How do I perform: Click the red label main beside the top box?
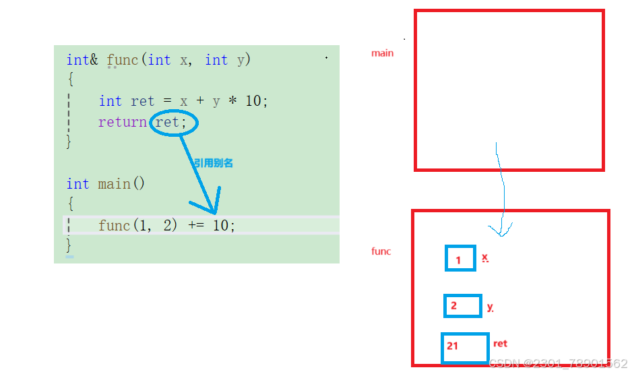click(382, 53)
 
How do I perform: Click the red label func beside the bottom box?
click(381, 251)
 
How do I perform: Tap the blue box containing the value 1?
click(460, 259)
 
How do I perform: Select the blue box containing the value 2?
click(463, 306)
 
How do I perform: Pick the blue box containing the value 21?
click(465, 347)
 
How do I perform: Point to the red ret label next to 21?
click(500, 344)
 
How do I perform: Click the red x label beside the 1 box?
click(484, 257)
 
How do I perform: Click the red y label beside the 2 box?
click(490, 307)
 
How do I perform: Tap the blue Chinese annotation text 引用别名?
click(214, 163)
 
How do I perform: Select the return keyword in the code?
click(123, 123)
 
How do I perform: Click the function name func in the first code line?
click(122, 60)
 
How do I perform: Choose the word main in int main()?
click(114, 184)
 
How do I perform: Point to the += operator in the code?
click(195, 226)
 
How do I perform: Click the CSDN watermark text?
click(559, 364)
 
